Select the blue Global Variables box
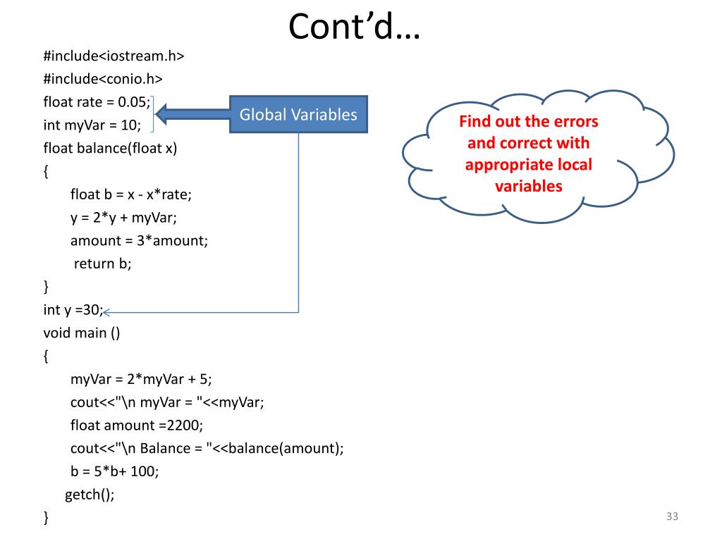tap(298, 115)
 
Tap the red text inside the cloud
tap(528, 154)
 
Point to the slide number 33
tap(671, 518)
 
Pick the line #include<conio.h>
tap(103, 80)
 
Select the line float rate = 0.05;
tap(97, 103)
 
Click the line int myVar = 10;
tap(92, 125)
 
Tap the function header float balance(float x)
tap(111, 149)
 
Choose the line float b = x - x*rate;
tap(131, 194)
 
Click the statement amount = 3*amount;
tap(139, 241)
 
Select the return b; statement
tap(103, 263)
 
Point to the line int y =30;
tap(73, 310)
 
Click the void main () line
tap(82, 332)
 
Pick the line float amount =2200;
tap(136, 425)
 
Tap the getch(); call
tap(90, 495)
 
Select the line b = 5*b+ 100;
tap(114, 471)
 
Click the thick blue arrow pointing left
tap(192, 113)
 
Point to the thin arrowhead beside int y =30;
tap(108, 311)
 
